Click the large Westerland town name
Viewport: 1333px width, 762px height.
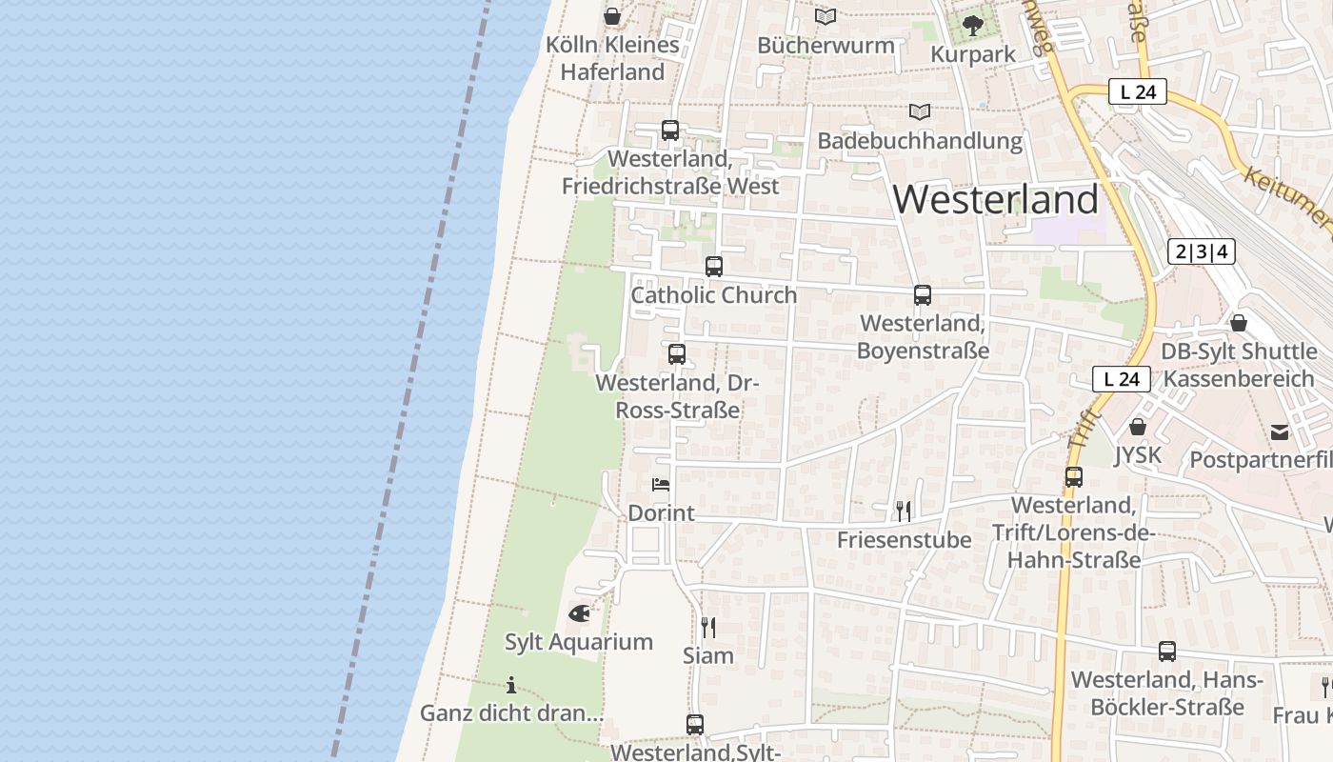pyautogui.click(x=995, y=199)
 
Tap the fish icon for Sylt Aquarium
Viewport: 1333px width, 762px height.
pyautogui.click(x=579, y=613)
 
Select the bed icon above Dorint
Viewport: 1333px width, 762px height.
pyautogui.click(x=661, y=485)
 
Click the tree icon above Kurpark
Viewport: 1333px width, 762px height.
pyautogui.click(x=972, y=26)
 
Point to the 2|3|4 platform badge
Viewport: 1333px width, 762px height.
pyautogui.click(x=1202, y=251)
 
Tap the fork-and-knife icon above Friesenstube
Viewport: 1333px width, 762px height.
pyautogui.click(x=904, y=511)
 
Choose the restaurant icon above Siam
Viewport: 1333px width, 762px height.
pyautogui.click(x=708, y=627)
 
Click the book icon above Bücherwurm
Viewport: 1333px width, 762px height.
pyautogui.click(x=826, y=17)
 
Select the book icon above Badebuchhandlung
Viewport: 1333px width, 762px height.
pyautogui.click(x=919, y=112)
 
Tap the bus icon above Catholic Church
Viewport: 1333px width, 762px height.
pyautogui.click(x=714, y=267)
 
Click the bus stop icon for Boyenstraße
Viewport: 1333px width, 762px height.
pyautogui.click(x=923, y=295)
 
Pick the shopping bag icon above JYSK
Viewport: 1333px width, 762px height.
pyautogui.click(x=1137, y=427)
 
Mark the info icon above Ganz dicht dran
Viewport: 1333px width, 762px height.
pyautogui.click(x=511, y=685)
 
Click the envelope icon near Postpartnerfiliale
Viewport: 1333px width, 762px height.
pyautogui.click(x=1280, y=432)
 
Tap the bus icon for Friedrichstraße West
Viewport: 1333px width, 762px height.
pyautogui.click(x=670, y=130)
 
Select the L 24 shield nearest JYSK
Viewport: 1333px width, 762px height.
pyautogui.click(x=1121, y=379)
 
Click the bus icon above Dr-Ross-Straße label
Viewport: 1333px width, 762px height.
pyautogui.click(x=677, y=354)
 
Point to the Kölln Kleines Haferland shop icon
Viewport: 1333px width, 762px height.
pyautogui.click(x=612, y=16)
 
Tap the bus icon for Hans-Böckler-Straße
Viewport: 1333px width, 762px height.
pyautogui.click(x=1167, y=652)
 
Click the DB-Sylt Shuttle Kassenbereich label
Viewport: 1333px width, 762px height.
pyautogui.click(x=1238, y=366)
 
